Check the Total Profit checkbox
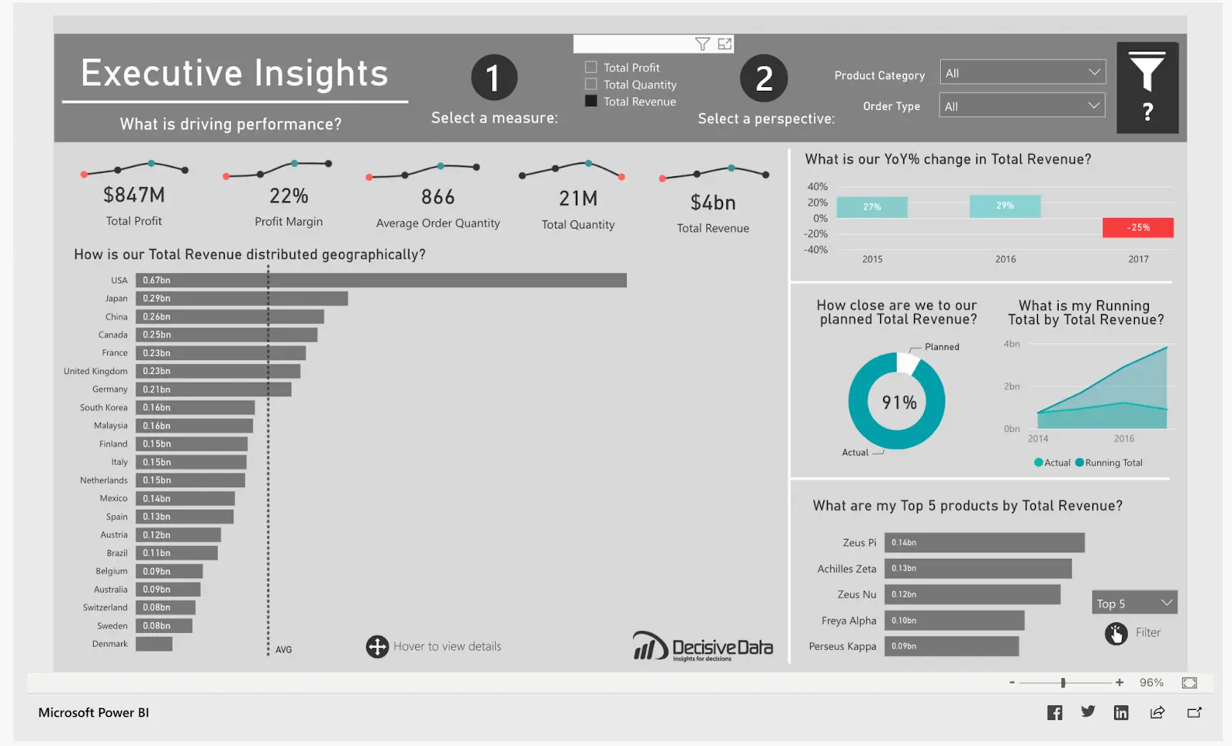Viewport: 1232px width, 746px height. (591, 68)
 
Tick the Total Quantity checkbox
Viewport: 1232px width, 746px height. (591, 85)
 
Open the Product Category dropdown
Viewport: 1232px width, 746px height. (1022, 73)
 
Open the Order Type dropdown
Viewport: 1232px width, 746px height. (1022, 106)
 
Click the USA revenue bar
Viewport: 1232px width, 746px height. (381, 280)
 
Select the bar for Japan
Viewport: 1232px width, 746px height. (242, 299)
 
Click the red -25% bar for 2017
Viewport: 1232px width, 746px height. (1138, 228)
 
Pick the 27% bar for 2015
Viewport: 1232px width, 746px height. (872, 207)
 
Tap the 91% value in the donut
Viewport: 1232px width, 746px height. (899, 403)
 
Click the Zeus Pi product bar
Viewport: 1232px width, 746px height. (984, 543)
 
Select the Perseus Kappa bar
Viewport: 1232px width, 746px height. (951, 647)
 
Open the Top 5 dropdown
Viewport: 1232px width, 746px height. (1133, 604)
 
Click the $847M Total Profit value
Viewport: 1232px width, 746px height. (134, 196)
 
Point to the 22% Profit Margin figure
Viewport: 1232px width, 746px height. (289, 196)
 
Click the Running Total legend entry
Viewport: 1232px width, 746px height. (1109, 463)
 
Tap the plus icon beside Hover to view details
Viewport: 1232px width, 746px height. (377, 647)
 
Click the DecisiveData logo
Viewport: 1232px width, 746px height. (702, 647)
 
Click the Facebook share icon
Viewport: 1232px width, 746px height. (1055, 713)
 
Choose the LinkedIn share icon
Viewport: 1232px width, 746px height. (1121, 713)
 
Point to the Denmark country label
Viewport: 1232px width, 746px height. (110, 644)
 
